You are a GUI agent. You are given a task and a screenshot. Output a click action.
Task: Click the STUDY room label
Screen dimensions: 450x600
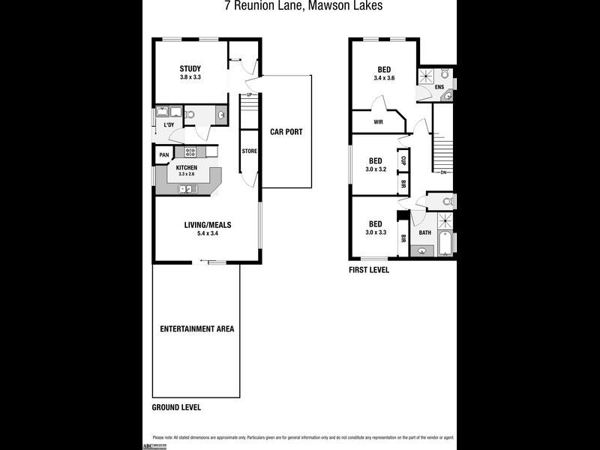(190, 69)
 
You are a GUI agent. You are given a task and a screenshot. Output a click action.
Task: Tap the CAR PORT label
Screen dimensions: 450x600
(286, 132)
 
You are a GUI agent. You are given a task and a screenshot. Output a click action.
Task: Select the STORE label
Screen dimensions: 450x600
(249, 151)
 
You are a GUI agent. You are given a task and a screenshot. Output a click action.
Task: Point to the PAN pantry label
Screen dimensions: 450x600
(163, 155)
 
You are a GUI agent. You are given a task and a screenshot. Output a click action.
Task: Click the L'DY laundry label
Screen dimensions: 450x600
(169, 125)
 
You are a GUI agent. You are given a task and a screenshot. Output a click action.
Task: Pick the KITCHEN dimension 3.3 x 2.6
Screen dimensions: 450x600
(185, 174)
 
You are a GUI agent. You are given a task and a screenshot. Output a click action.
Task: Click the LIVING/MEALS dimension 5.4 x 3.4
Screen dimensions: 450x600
(207, 233)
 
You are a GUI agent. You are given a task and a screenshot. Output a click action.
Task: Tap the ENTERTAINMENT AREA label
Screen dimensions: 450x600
(196, 328)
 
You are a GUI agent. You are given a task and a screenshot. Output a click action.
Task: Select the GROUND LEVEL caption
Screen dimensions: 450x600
(176, 408)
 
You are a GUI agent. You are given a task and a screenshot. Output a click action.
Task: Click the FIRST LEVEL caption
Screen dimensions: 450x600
(369, 269)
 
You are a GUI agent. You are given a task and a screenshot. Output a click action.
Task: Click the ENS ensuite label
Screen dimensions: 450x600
(439, 87)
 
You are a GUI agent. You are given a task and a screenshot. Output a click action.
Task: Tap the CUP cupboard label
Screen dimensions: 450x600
(403, 160)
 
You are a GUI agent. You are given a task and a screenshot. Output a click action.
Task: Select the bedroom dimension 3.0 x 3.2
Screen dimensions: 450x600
(376, 169)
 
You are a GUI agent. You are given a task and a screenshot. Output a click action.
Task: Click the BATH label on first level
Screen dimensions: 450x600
(424, 232)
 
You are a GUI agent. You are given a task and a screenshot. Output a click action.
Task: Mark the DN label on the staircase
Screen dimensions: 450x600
(443, 173)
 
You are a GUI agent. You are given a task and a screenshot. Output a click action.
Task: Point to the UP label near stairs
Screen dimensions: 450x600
(248, 95)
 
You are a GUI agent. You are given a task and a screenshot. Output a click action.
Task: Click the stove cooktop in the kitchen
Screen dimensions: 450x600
(190, 151)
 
